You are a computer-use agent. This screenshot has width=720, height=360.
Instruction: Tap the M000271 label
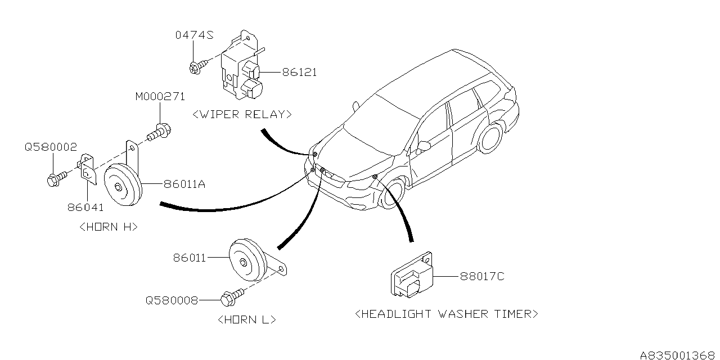click(160, 97)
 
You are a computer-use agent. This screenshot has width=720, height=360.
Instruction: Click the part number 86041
click(86, 207)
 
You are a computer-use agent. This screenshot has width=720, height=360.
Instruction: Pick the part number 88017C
click(483, 276)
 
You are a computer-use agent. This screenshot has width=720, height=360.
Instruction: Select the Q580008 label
click(172, 300)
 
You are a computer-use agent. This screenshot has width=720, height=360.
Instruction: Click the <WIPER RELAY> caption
click(242, 114)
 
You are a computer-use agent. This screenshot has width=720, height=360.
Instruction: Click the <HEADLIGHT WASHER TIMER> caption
click(447, 313)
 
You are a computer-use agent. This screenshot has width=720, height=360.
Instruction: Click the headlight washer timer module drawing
click(409, 276)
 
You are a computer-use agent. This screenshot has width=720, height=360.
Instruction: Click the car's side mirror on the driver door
click(423, 146)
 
